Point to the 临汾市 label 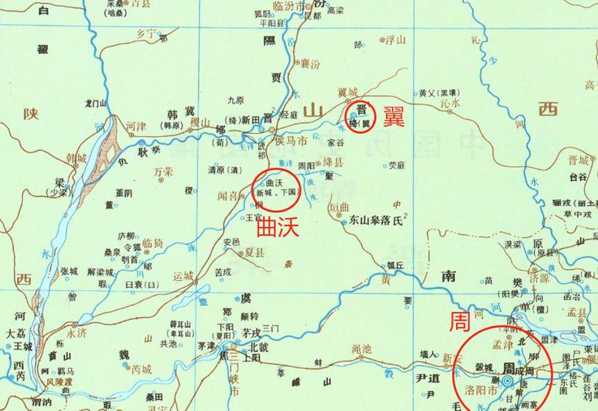(288, 6)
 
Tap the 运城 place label (183, 276)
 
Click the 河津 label (137, 127)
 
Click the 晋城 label (578, 159)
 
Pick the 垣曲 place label (339, 207)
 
